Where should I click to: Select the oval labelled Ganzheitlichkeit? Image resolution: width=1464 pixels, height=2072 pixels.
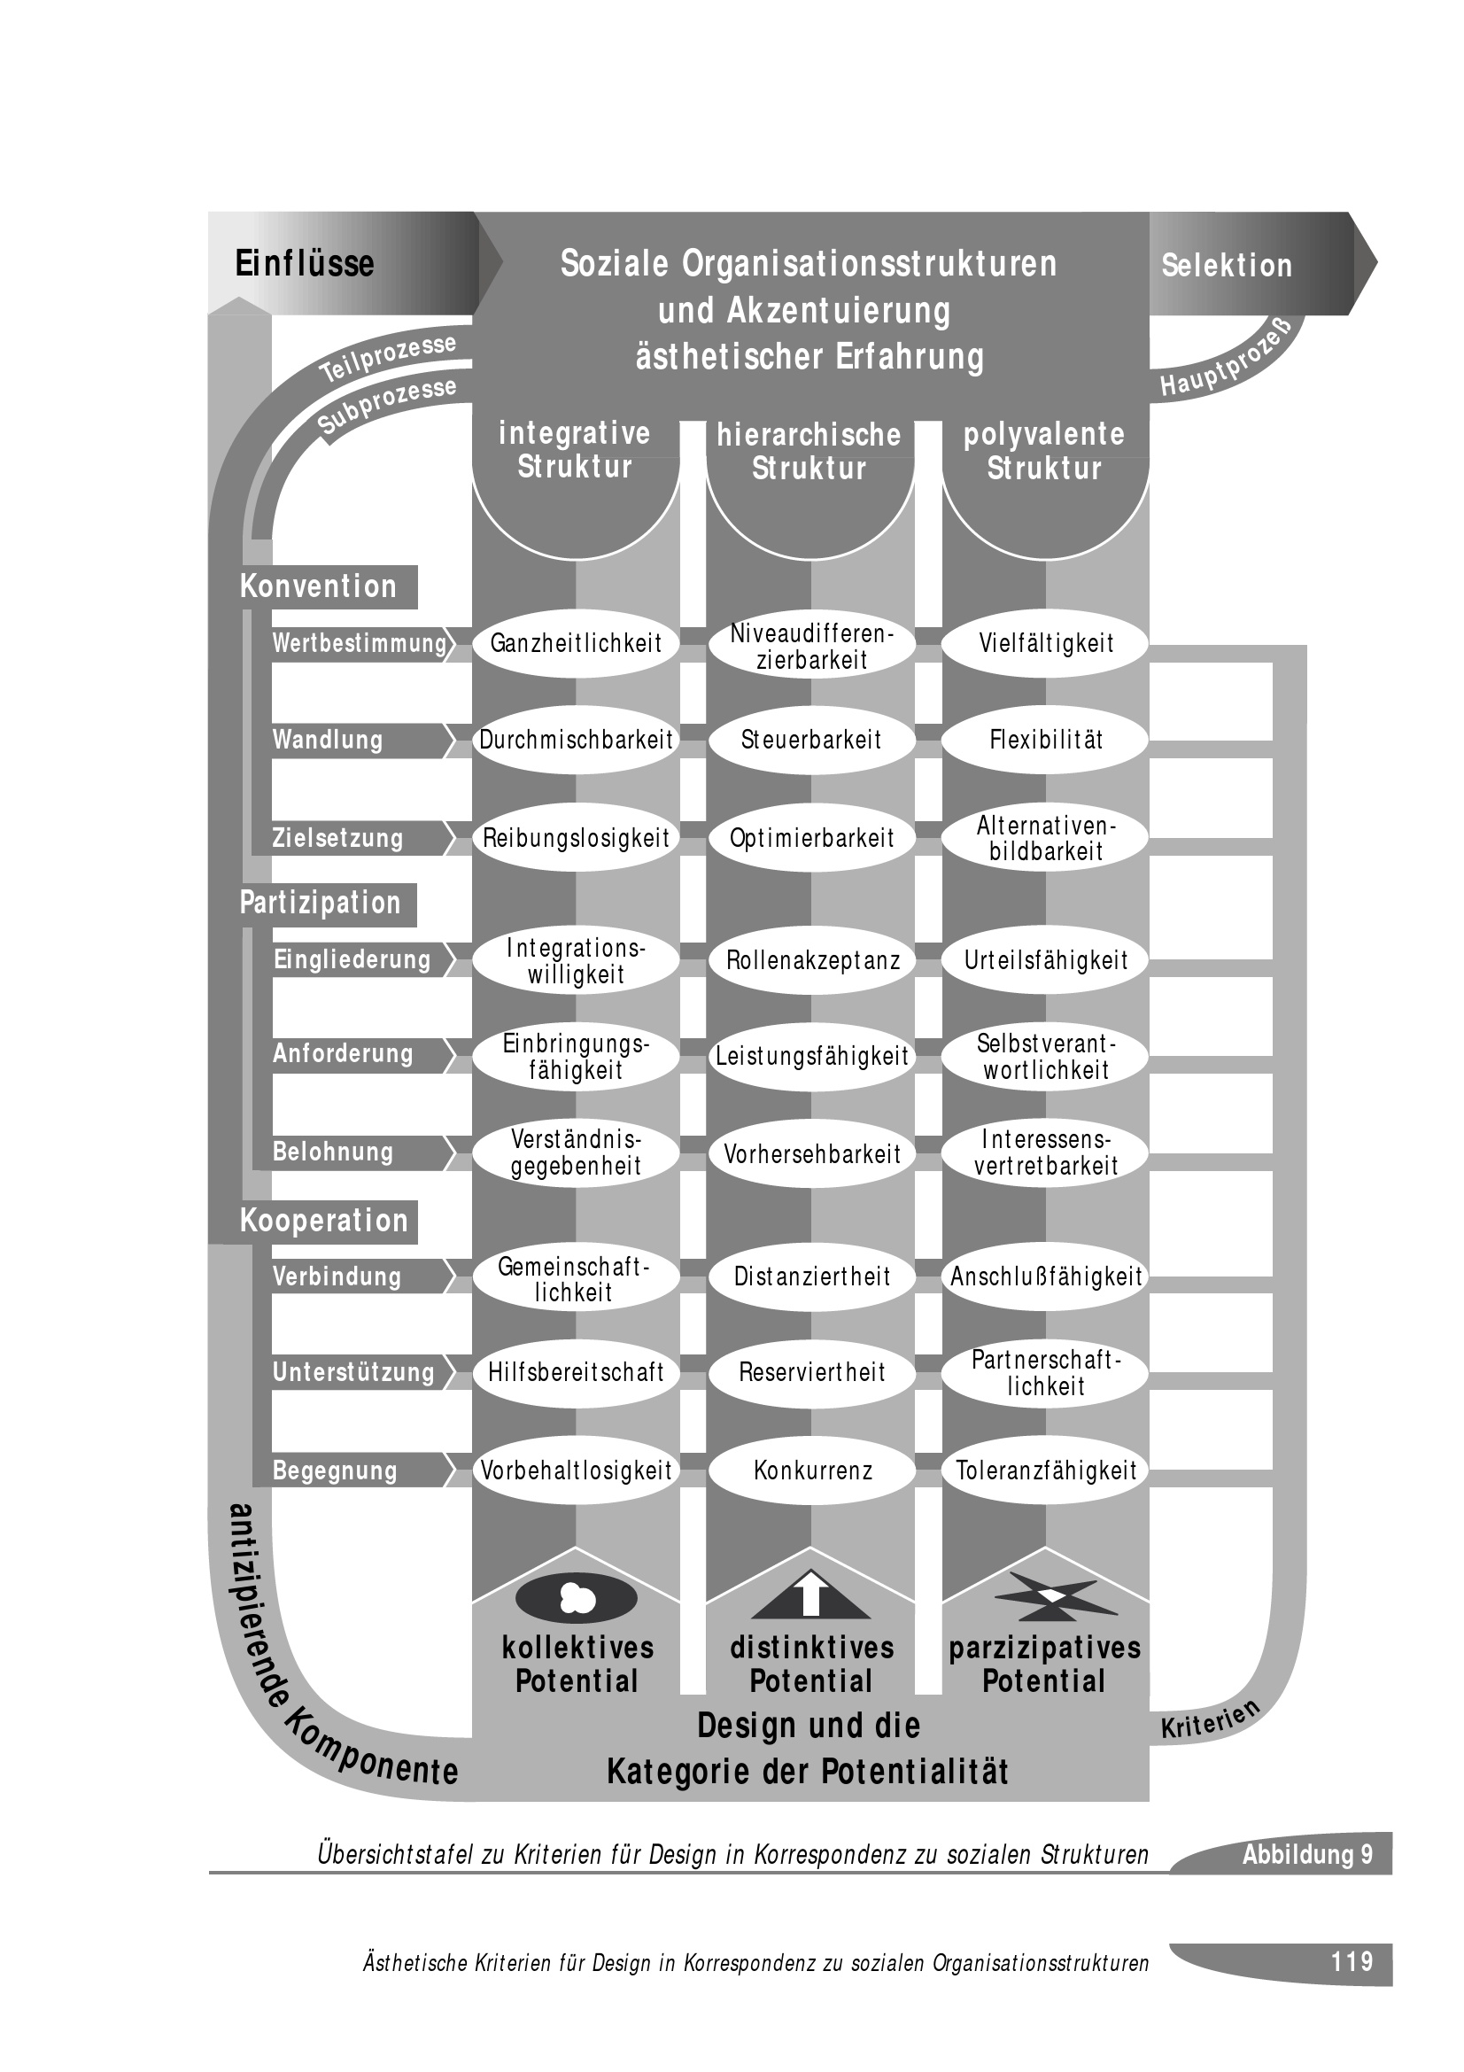coord(576,643)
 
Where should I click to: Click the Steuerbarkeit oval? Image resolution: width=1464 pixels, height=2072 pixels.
coord(811,740)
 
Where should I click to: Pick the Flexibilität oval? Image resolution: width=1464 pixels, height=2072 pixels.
coord(1045,740)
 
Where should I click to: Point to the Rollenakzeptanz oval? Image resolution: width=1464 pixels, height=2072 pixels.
coord(811,960)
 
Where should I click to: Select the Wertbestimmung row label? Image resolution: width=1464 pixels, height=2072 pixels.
coord(359,643)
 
